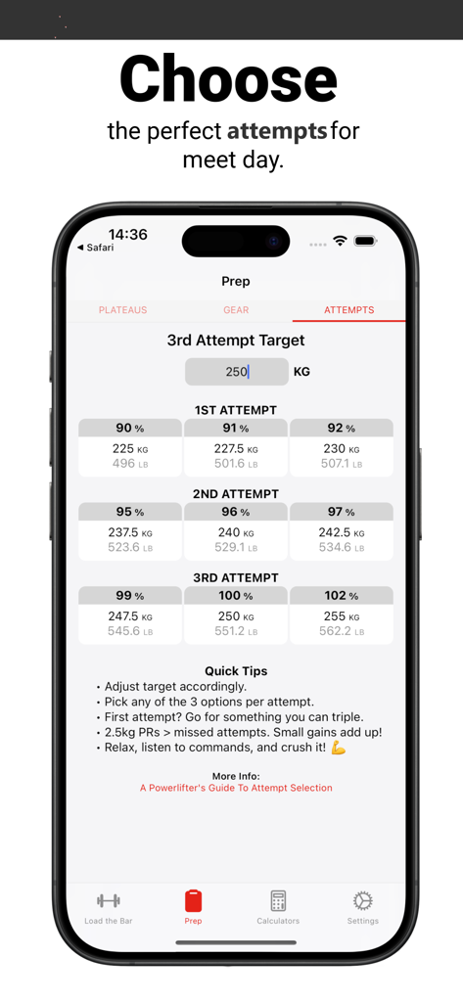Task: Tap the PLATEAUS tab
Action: coord(122,310)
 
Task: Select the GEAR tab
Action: coord(236,310)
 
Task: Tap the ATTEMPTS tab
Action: coord(348,310)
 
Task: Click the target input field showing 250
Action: coord(237,372)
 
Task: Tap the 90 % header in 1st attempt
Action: coord(130,429)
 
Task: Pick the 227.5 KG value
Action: coord(236,449)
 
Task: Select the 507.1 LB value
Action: coord(342,464)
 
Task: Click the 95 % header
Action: coord(130,512)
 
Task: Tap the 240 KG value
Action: coord(236,533)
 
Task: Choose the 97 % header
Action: coord(342,512)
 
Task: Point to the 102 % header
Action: coord(342,596)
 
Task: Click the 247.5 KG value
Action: coord(130,617)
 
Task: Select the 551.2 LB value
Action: coord(236,632)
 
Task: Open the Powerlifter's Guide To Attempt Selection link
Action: coord(236,788)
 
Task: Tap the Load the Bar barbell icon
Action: coord(109,900)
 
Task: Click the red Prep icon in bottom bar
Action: coord(193,900)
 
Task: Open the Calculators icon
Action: coord(278,900)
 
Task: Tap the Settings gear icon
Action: coord(362,900)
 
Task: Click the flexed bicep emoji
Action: coord(339,749)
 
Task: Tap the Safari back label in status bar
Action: coord(96,249)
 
